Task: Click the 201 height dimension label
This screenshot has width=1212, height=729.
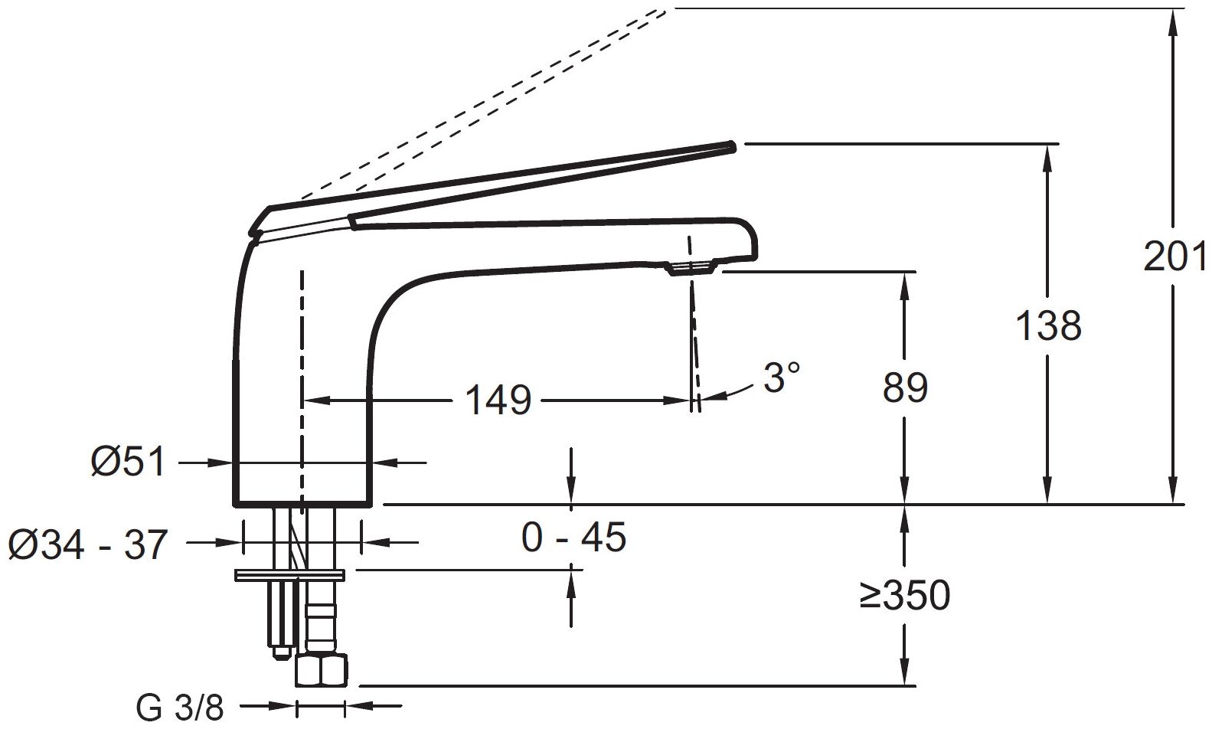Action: click(x=1174, y=257)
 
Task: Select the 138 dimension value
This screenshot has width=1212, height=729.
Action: click(x=1048, y=326)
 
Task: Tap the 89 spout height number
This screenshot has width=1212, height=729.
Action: click(x=905, y=388)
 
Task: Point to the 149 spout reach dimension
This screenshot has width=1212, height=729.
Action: click(x=498, y=400)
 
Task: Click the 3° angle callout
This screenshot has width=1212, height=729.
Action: click(x=782, y=378)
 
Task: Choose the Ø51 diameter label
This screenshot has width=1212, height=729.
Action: click(x=127, y=463)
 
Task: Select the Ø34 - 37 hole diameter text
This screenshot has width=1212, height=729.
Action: click(x=87, y=545)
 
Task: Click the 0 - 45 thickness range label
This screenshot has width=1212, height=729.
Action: click(x=573, y=538)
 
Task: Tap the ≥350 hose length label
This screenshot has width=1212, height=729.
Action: click(x=904, y=596)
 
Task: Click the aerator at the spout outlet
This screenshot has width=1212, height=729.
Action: click(x=691, y=267)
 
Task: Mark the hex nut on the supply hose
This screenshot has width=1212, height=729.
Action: click(x=321, y=671)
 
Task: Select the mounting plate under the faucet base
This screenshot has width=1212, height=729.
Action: click(x=290, y=574)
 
